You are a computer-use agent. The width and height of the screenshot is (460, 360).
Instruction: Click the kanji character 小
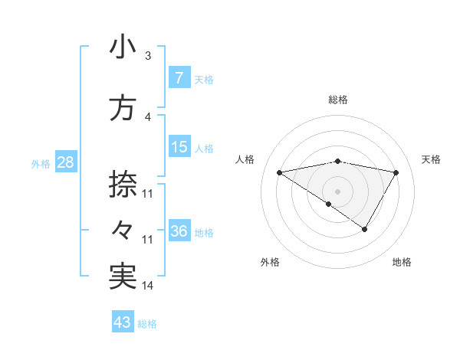(x=123, y=47)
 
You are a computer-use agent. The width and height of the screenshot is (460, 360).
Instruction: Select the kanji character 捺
(x=123, y=184)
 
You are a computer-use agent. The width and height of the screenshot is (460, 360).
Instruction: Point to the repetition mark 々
(x=123, y=229)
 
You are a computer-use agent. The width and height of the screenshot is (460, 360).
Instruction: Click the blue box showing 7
(x=179, y=77)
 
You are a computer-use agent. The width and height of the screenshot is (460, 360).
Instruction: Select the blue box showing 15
(x=179, y=147)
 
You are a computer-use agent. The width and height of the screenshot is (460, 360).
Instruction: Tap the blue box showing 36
(x=179, y=231)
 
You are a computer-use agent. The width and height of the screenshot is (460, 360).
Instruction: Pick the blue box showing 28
(x=64, y=162)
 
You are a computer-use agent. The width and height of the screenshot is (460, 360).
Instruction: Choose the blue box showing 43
(x=122, y=322)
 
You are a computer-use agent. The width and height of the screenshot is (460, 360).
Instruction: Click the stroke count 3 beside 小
(x=147, y=56)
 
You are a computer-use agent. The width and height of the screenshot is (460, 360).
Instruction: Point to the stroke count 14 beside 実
(x=148, y=286)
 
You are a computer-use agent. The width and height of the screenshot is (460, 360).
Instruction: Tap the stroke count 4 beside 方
(x=147, y=117)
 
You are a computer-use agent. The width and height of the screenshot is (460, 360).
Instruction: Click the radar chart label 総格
(x=338, y=100)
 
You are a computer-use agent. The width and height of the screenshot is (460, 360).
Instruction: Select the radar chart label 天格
(x=431, y=159)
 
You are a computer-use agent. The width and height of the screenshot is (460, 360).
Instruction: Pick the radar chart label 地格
(x=402, y=262)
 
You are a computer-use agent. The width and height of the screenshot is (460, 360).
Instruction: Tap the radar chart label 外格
(x=270, y=262)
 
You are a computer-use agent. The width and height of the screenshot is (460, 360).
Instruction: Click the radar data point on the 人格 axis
(x=280, y=172)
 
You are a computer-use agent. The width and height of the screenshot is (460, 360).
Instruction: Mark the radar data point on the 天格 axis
(x=396, y=172)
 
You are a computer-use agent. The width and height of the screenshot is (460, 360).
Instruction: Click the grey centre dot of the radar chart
(x=338, y=191)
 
